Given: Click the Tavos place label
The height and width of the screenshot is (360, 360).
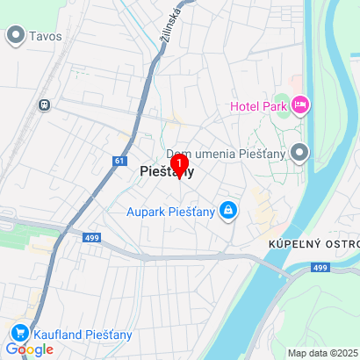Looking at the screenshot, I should point(46,36).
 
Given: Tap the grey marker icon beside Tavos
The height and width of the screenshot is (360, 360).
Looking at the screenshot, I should point(15,35).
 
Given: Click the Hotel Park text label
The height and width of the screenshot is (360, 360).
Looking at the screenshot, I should point(258,106).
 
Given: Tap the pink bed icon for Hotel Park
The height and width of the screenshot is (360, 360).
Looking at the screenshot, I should point(300,106).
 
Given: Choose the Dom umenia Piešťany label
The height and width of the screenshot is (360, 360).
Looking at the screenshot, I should point(234,155).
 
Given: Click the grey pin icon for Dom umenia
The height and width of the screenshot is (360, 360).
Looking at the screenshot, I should point(300,155).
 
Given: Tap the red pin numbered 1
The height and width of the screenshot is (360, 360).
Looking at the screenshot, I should point(179,165).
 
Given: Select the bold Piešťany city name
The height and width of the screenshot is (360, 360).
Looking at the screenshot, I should point(166,174).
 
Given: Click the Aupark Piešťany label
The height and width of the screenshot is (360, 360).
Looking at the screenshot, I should point(170,211).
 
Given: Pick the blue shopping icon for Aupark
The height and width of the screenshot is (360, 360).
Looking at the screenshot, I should point(227,210).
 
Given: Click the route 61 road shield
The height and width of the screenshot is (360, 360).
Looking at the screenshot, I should point(120,161).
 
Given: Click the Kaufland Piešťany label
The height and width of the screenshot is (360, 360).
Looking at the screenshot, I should point(83,334).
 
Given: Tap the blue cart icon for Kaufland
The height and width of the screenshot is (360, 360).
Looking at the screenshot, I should point(18,334).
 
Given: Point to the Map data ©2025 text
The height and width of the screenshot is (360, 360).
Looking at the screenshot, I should point(323,353).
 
